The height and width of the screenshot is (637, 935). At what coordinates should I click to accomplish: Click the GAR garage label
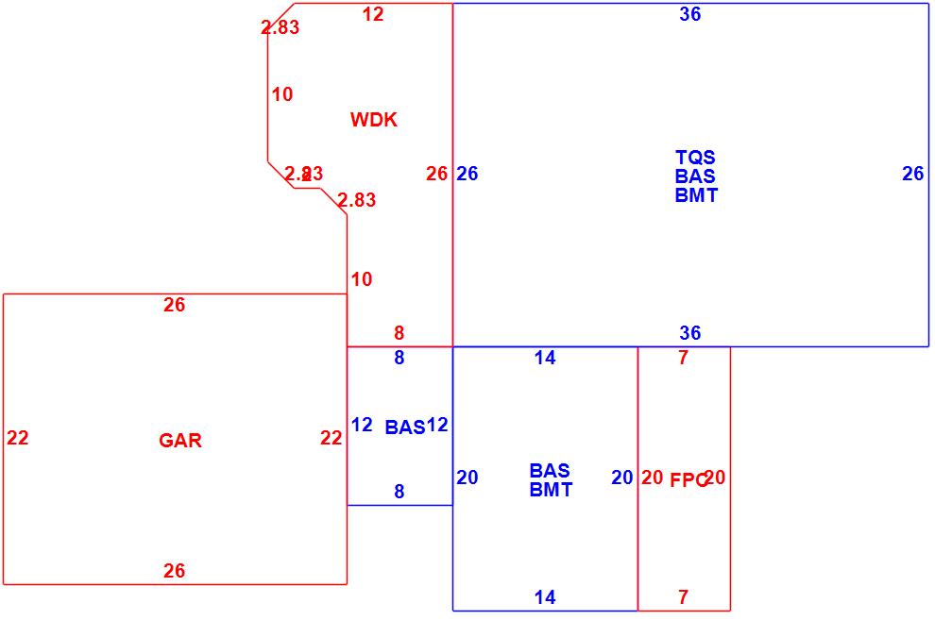coord(180,441)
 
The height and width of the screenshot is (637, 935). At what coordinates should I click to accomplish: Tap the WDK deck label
coord(374,120)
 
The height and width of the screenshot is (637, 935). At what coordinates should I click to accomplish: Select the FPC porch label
coord(688,479)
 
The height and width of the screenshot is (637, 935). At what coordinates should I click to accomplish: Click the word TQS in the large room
coord(695,158)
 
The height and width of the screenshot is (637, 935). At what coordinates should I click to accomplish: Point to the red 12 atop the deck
coord(373,14)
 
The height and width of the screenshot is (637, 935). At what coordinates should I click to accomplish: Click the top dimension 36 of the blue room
coord(690,14)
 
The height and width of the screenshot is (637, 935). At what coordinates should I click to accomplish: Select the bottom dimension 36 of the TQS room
coord(690,333)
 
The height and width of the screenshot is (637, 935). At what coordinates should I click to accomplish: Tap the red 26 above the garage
coord(175,305)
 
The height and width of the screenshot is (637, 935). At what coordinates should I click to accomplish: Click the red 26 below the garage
coord(175,571)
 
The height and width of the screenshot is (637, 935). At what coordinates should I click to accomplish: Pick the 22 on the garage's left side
coord(18,438)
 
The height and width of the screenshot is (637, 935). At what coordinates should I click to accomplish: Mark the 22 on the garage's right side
coord(331,438)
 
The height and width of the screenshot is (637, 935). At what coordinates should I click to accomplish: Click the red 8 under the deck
coord(399,333)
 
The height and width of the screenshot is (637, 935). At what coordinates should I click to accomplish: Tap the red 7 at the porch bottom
coord(684,597)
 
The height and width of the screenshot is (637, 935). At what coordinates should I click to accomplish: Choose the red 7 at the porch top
coord(684,358)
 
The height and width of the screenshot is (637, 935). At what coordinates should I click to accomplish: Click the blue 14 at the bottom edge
coord(545,597)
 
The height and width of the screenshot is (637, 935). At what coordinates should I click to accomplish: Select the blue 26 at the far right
coord(912,174)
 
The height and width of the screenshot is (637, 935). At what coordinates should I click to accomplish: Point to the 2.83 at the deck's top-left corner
coord(280,27)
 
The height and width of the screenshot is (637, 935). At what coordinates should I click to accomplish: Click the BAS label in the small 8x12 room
coord(405,427)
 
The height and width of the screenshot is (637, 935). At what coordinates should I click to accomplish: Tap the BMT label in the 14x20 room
coord(551,490)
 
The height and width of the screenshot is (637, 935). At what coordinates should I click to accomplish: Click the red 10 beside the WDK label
coord(282,94)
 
